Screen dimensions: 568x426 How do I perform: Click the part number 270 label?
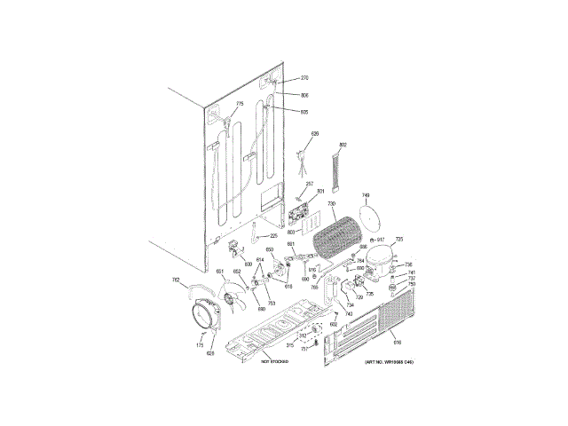coord(304,78)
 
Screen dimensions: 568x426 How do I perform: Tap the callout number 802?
coord(343,145)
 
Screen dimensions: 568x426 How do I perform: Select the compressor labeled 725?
coord(381,258)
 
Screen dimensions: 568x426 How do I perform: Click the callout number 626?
coord(313,134)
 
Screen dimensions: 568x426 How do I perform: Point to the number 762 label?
coord(176,281)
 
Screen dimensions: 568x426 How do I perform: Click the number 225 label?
coord(274,236)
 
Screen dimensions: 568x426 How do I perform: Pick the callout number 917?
coord(381,240)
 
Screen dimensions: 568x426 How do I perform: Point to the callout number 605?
coord(304,113)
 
